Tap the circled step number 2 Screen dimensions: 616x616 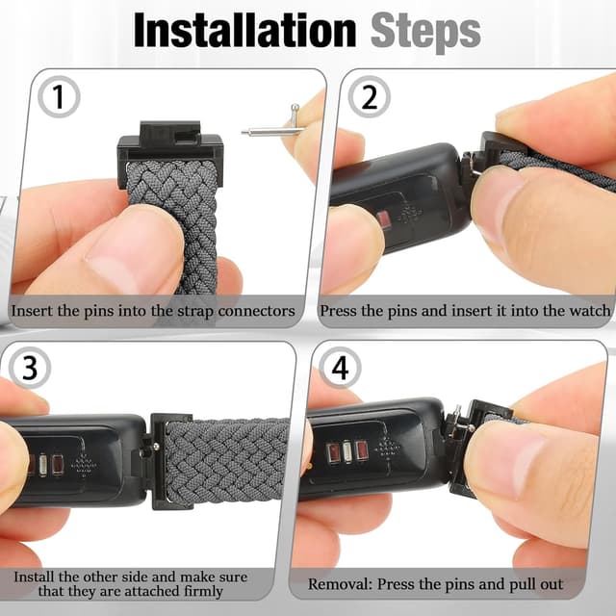368,97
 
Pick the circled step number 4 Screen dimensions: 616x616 340,370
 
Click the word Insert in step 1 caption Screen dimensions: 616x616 32,311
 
